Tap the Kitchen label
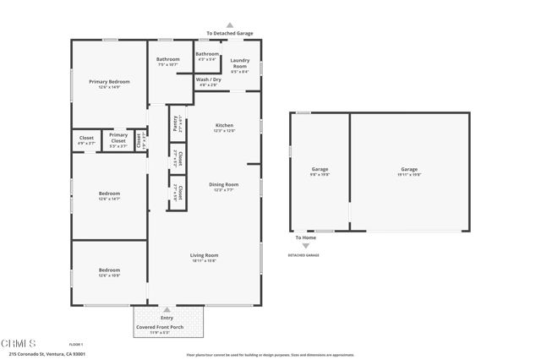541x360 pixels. pyautogui.click(x=224, y=126)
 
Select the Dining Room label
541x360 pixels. pyautogui.click(x=224, y=184)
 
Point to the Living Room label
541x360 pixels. pyautogui.click(x=204, y=255)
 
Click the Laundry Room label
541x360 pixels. pyautogui.click(x=239, y=63)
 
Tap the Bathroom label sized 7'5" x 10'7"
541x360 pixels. pyautogui.click(x=167, y=59)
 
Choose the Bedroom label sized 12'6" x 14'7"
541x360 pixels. pyautogui.click(x=109, y=194)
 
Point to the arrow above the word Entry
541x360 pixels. pyautogui.click(x=167, y=310)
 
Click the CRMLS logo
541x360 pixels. pyautogui.click(x=19, y=344)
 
